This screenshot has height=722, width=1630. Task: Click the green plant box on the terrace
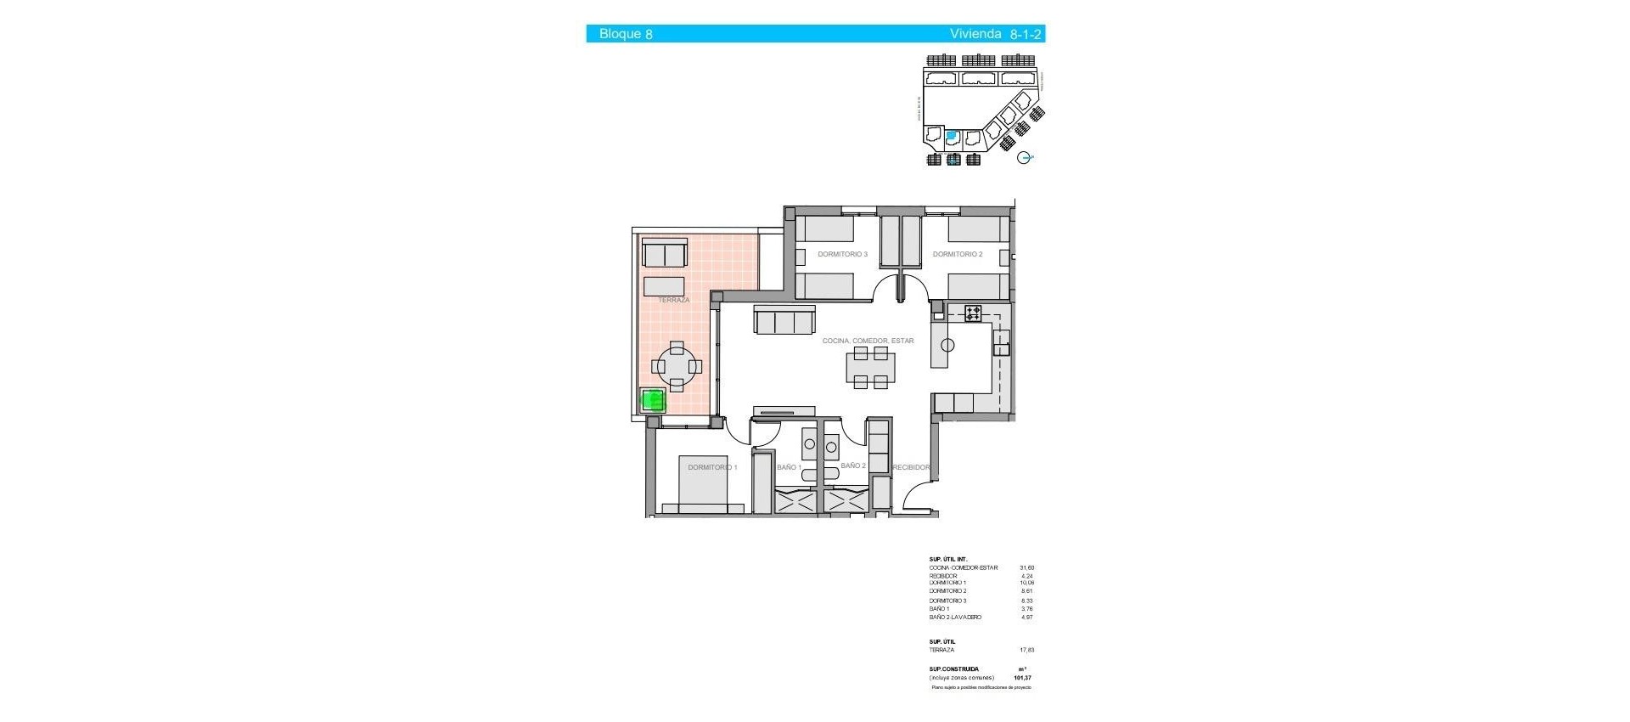click(653, 400)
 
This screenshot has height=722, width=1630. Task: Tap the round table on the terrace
click(677, 367)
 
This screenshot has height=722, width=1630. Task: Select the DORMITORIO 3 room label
click(842, 254)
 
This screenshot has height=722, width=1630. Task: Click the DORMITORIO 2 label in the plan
click(957, 254)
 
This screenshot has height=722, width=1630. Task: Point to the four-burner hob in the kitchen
click(972, 313)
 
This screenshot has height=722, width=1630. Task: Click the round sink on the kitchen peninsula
click(947, 345)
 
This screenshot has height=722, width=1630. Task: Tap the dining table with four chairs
click(870, 368)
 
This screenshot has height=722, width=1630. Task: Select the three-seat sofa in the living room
click(784, 321)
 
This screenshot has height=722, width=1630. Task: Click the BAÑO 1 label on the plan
click(789, 467)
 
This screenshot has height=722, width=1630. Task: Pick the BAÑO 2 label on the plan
click(853, 466)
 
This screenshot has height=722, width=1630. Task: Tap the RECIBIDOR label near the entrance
click(911, 467)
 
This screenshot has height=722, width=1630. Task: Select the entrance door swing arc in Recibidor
click(919, 501)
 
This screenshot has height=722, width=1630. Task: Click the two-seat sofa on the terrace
click(665, 254)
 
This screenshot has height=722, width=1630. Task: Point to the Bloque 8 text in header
click(626, 34)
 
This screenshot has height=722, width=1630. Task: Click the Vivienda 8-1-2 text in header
click(995, 34)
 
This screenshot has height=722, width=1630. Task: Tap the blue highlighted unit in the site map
click(952, 135)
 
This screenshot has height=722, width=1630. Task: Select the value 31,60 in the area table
click(1026, 567)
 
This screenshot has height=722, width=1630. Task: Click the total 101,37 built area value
click(1022, 678)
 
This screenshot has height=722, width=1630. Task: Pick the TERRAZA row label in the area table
click(941, 650)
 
